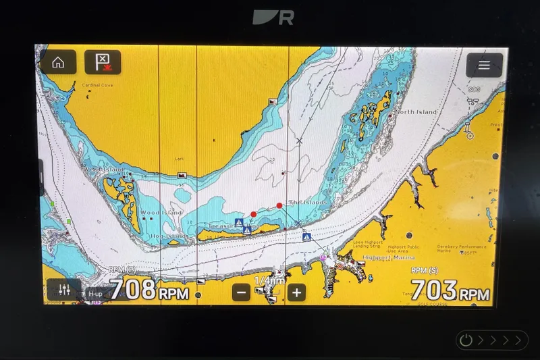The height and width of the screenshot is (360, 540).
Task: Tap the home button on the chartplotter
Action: click(58, 63)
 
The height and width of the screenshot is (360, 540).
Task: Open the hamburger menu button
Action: click(484, 66)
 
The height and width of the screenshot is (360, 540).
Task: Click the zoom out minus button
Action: click(242, 292)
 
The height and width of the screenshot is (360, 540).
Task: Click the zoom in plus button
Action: click(296, 292)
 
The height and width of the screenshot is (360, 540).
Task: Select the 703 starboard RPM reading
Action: click(435, 290)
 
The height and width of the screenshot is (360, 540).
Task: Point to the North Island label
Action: click(416, 112)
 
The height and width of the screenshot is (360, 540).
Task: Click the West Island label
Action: click(103, 169)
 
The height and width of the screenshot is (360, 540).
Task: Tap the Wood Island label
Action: click(161, 213)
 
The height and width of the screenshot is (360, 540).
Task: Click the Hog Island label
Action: click(167, 236)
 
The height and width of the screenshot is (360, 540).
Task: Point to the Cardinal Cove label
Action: click(97, 85)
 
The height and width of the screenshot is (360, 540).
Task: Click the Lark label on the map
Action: click(180, 159)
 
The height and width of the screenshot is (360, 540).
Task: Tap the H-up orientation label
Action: click(95, 294)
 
